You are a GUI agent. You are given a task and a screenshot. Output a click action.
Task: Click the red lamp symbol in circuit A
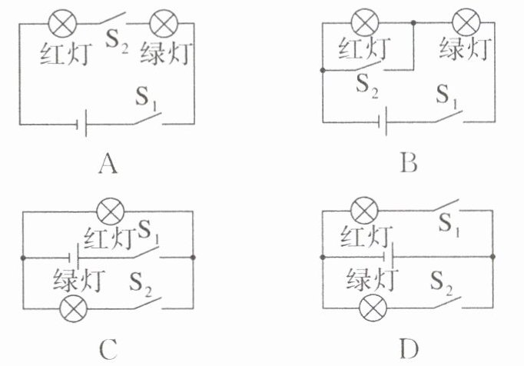click(x=62, y=23)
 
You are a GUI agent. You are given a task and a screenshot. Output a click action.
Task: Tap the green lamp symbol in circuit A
click(x=164, y=23)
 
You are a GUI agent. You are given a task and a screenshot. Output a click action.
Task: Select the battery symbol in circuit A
click(x=82, y=125)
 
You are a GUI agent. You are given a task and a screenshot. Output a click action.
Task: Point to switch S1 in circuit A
click(x=148, y=118)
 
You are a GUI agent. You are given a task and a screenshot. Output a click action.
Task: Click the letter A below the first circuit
click(x=108, y=165)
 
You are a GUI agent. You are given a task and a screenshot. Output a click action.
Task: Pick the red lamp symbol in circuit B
click(x=365, y=22)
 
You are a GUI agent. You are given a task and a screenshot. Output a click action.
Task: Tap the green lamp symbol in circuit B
click(x=466, y=22)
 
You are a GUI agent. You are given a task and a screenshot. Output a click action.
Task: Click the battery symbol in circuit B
click(x=383, y=121)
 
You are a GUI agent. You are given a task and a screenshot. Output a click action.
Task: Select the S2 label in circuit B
click(x=367, y=86)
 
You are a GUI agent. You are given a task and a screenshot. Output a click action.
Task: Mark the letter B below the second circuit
click(x=409, y=164)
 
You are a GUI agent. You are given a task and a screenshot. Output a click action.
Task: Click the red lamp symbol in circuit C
click(x=111, y=211)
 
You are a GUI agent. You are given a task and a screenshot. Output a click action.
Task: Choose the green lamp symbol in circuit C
click(x=73, y=308)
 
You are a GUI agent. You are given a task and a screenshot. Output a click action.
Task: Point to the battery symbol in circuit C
click(x=74, y=258)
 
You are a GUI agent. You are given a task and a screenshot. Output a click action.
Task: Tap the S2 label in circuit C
click(x=141, y=284)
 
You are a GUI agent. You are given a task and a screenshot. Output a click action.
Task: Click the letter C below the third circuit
click(x=108, y=349)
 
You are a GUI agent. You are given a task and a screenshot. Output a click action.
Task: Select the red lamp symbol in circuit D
click(x=365, y=211)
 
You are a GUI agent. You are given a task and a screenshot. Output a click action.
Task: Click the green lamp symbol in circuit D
click(x=373, y=308)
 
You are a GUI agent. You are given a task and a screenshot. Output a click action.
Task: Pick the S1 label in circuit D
click(x=449, y=225)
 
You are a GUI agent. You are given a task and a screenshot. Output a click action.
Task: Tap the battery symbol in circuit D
click(x=389, y=257)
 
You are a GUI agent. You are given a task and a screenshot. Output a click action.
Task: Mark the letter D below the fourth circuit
click(x=409, y=349)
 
